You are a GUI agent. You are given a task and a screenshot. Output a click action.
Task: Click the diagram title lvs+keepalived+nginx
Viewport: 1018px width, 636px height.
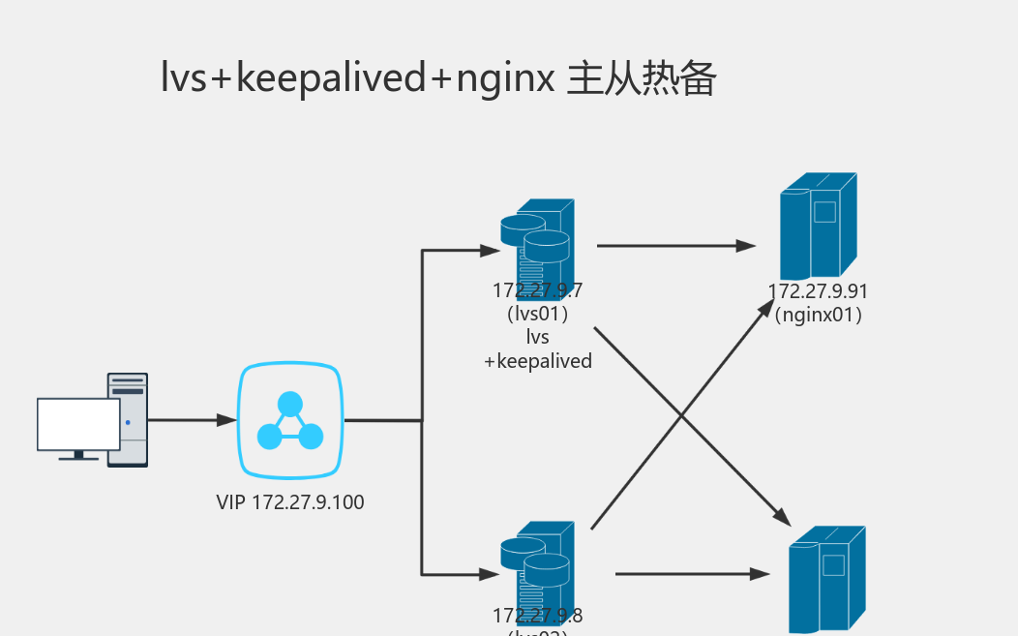[358, 78]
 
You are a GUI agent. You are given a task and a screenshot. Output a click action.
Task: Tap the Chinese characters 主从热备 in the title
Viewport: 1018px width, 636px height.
[641, 78]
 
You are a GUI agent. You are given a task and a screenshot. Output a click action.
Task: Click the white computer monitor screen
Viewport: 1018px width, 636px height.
[78, 424]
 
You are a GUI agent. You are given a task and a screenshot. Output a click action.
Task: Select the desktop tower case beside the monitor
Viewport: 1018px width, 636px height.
[128, 419]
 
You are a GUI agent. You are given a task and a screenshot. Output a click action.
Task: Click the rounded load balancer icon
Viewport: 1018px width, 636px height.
[290, 420]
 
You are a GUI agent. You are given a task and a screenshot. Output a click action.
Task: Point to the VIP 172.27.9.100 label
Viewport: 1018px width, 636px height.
[290, 502]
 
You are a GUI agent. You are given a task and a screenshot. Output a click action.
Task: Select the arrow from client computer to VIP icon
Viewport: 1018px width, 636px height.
[192, 420]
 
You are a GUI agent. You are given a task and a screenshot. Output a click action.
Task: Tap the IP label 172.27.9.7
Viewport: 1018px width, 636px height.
[538, 290]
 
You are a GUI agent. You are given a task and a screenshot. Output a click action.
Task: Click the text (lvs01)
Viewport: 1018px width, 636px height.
[537, 314]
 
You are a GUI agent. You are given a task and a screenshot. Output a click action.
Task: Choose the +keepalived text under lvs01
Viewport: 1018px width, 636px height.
[537, 361]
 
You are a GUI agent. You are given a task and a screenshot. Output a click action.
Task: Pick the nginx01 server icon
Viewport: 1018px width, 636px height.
[818, 226]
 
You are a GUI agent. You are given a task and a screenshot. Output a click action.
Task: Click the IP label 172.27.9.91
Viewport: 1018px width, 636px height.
[818, 291]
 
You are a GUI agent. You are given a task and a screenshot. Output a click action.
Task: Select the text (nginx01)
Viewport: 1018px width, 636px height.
[818, 315]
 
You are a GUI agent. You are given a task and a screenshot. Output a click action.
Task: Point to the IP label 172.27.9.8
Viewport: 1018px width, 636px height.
[538, 615]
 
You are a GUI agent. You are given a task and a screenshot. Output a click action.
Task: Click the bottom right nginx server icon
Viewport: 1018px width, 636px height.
[826, 579]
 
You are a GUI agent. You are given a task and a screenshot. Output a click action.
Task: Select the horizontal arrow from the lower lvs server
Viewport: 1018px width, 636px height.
[692, 574]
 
